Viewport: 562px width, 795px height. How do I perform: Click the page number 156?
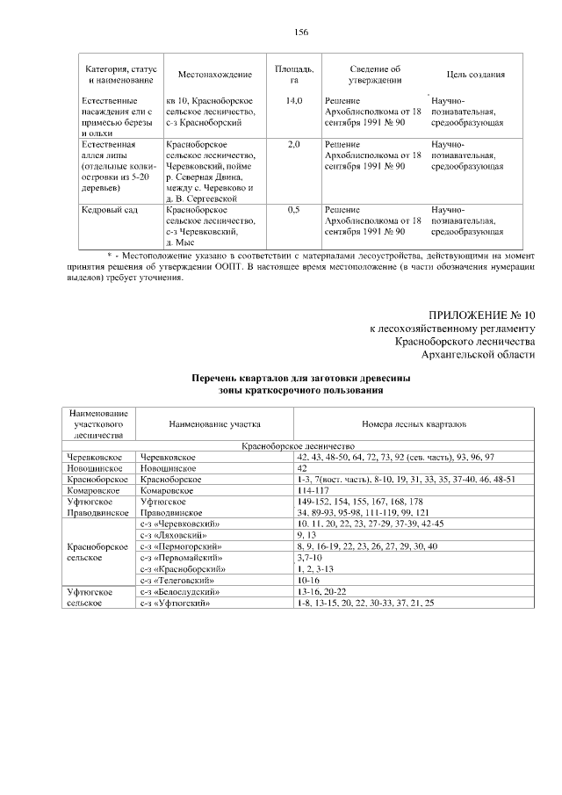click(301, 32)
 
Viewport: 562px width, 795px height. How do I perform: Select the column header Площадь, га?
click(295, 74)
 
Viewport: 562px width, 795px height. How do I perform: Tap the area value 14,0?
click(294, 102)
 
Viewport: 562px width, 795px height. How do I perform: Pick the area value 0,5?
click(294, 211)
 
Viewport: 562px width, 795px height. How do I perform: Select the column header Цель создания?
click(475, 75)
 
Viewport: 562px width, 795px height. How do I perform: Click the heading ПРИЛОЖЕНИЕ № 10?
click(480, 314)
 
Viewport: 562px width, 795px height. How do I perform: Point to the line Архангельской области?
click(478, 354)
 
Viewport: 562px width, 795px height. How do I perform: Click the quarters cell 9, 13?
click(306, 535)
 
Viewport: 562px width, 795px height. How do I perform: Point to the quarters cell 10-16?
click(309, 581)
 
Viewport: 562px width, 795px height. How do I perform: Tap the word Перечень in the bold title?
click(217, 378)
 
